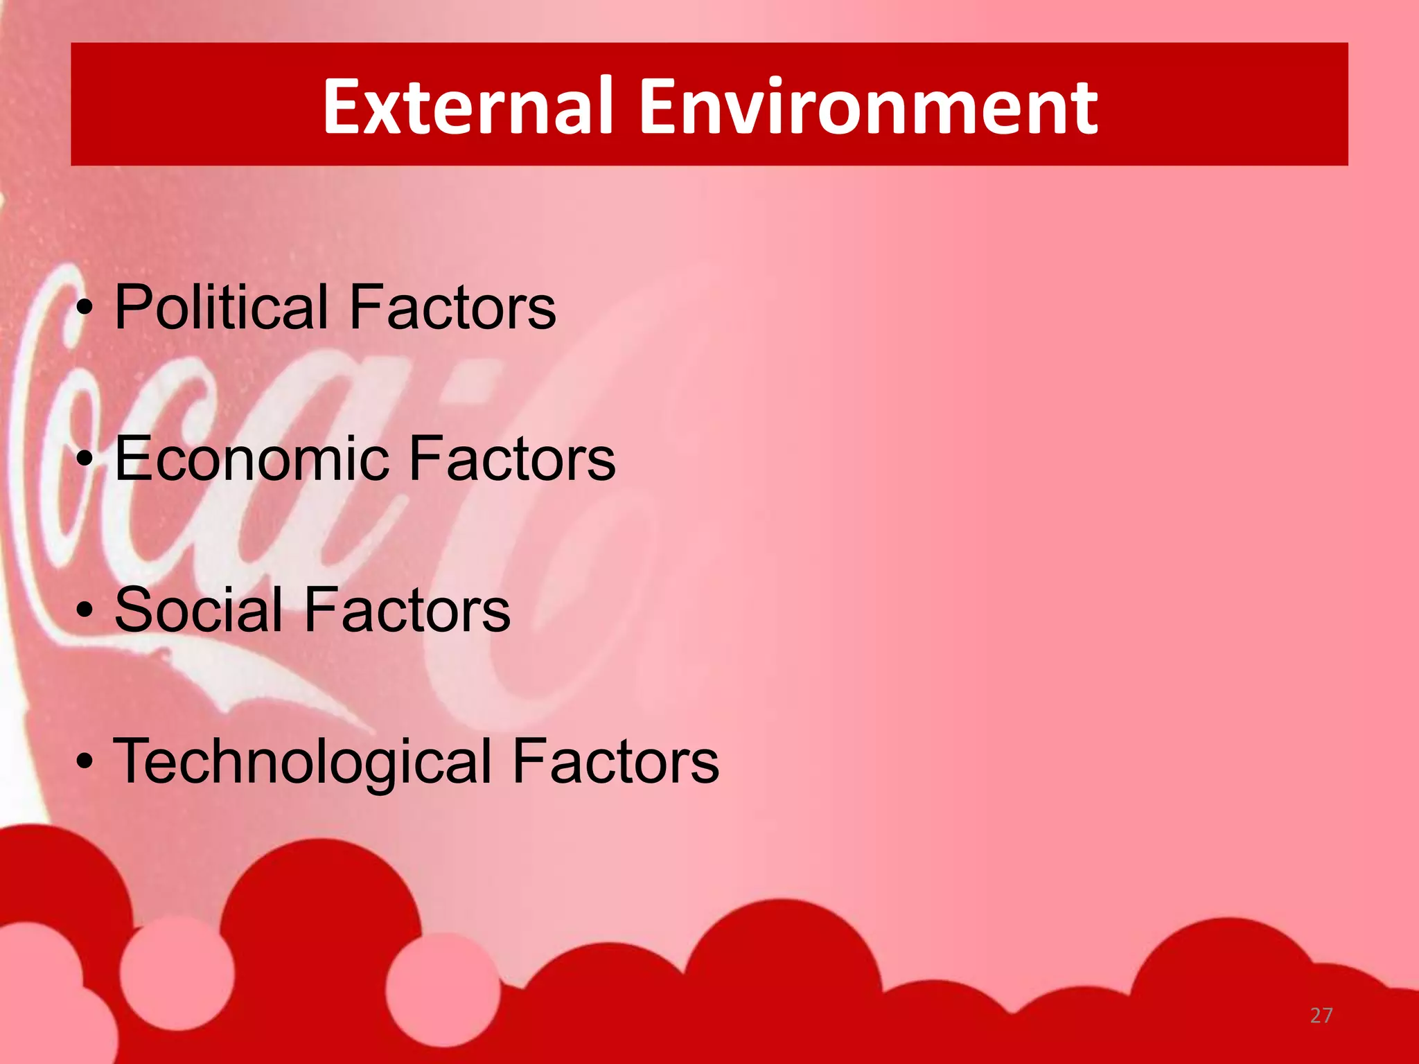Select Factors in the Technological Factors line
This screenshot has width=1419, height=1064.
pos(615,762)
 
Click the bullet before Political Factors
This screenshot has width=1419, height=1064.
pos(85,309)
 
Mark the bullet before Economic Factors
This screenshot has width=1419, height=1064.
pos(85,460)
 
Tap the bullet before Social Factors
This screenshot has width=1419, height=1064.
pos(85,611)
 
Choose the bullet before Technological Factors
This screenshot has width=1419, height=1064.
pos(85,763)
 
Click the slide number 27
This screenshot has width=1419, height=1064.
pos(1321,1016)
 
